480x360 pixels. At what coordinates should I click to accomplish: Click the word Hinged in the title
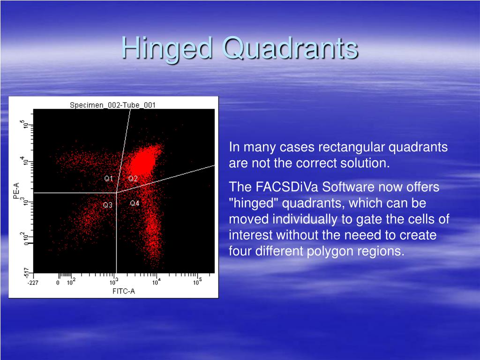coord(167,49)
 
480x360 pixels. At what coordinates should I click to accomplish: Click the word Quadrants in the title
coord(290,48)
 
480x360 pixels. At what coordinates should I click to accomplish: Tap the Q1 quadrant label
coord(109,179)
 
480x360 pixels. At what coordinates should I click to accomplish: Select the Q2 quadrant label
coord(133,179)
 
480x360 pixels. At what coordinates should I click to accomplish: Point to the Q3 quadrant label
coord(108,205)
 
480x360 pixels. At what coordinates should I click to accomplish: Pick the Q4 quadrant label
coord(135,203)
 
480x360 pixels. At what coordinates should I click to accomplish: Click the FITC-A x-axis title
coord(124,291)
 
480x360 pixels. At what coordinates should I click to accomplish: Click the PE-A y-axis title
coord(16,191)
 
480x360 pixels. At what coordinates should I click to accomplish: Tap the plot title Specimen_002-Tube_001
coord(112,105)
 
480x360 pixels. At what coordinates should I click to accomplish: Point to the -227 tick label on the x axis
coord(33,283)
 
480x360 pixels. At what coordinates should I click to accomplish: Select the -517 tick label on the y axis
coord(27,273)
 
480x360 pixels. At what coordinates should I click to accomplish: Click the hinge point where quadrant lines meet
coord(116,193)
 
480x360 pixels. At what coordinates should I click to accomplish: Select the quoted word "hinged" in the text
coord(254,203)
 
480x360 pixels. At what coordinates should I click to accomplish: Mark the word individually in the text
coord(309,219)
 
